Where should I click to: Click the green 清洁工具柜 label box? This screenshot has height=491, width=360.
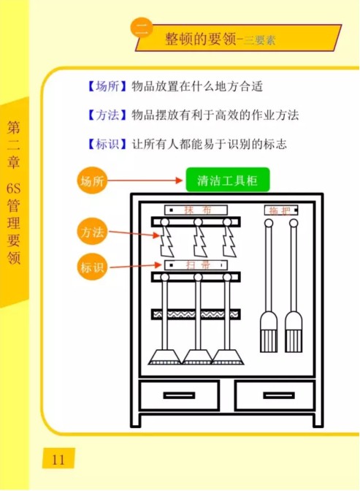point(228,180)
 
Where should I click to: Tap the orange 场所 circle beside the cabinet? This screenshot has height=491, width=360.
point(92,180)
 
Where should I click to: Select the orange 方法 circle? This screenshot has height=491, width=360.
point(92,232)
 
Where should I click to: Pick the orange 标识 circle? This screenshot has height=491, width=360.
point(92,267)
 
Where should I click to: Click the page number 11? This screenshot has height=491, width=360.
point(58,460)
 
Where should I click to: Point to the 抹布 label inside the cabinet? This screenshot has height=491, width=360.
point(196,210)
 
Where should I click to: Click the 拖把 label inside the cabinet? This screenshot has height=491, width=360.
point(281,210)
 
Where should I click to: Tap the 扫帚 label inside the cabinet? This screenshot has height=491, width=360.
point(196,265)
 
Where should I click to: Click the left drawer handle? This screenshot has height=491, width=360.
point(179,395)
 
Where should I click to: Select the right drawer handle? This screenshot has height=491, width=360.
point(279,395)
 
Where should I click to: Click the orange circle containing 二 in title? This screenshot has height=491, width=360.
point(142,28)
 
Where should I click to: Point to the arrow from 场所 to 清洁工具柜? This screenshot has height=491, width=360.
point(145,180)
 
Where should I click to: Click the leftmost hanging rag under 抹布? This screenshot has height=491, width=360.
point(166,240)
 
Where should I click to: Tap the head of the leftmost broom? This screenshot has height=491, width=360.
point(164,357)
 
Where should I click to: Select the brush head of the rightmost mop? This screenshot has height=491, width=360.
point(294,332)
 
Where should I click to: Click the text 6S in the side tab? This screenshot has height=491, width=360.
point(14,189)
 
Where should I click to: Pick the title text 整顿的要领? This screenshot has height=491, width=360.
point(200,39)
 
